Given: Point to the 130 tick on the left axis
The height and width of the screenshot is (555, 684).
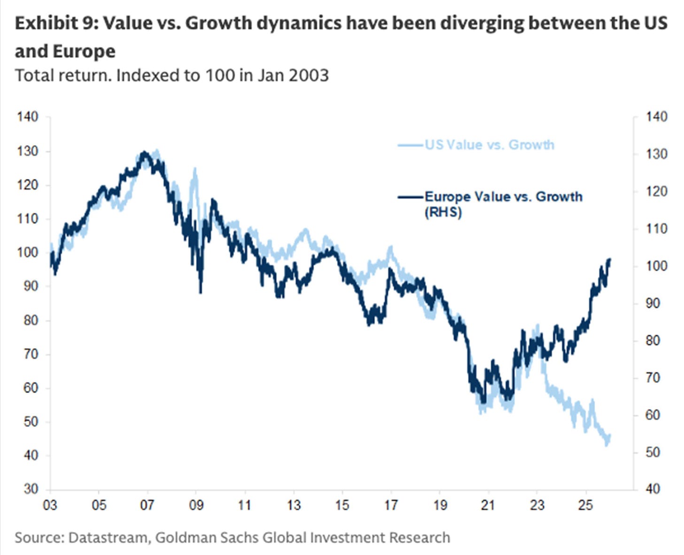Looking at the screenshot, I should (28, 151).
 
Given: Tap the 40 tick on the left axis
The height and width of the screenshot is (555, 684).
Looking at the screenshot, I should (28, 455).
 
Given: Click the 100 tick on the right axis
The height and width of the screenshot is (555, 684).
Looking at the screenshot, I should (656, 266).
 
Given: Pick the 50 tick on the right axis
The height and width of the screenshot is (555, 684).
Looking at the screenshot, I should (656, 452).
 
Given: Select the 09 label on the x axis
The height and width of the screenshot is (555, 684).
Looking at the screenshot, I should (196, 505).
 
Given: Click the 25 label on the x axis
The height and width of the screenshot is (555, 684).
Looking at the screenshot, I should (585, 505).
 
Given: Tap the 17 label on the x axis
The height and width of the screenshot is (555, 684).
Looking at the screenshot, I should (391, 505).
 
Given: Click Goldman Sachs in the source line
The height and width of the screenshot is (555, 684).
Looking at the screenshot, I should (207, 537).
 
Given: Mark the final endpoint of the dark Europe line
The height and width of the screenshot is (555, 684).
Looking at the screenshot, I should (610, 259).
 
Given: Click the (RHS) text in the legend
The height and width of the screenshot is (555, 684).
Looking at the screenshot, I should (443, 212).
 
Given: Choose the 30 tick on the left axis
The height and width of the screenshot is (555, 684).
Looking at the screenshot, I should (28, 489).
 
